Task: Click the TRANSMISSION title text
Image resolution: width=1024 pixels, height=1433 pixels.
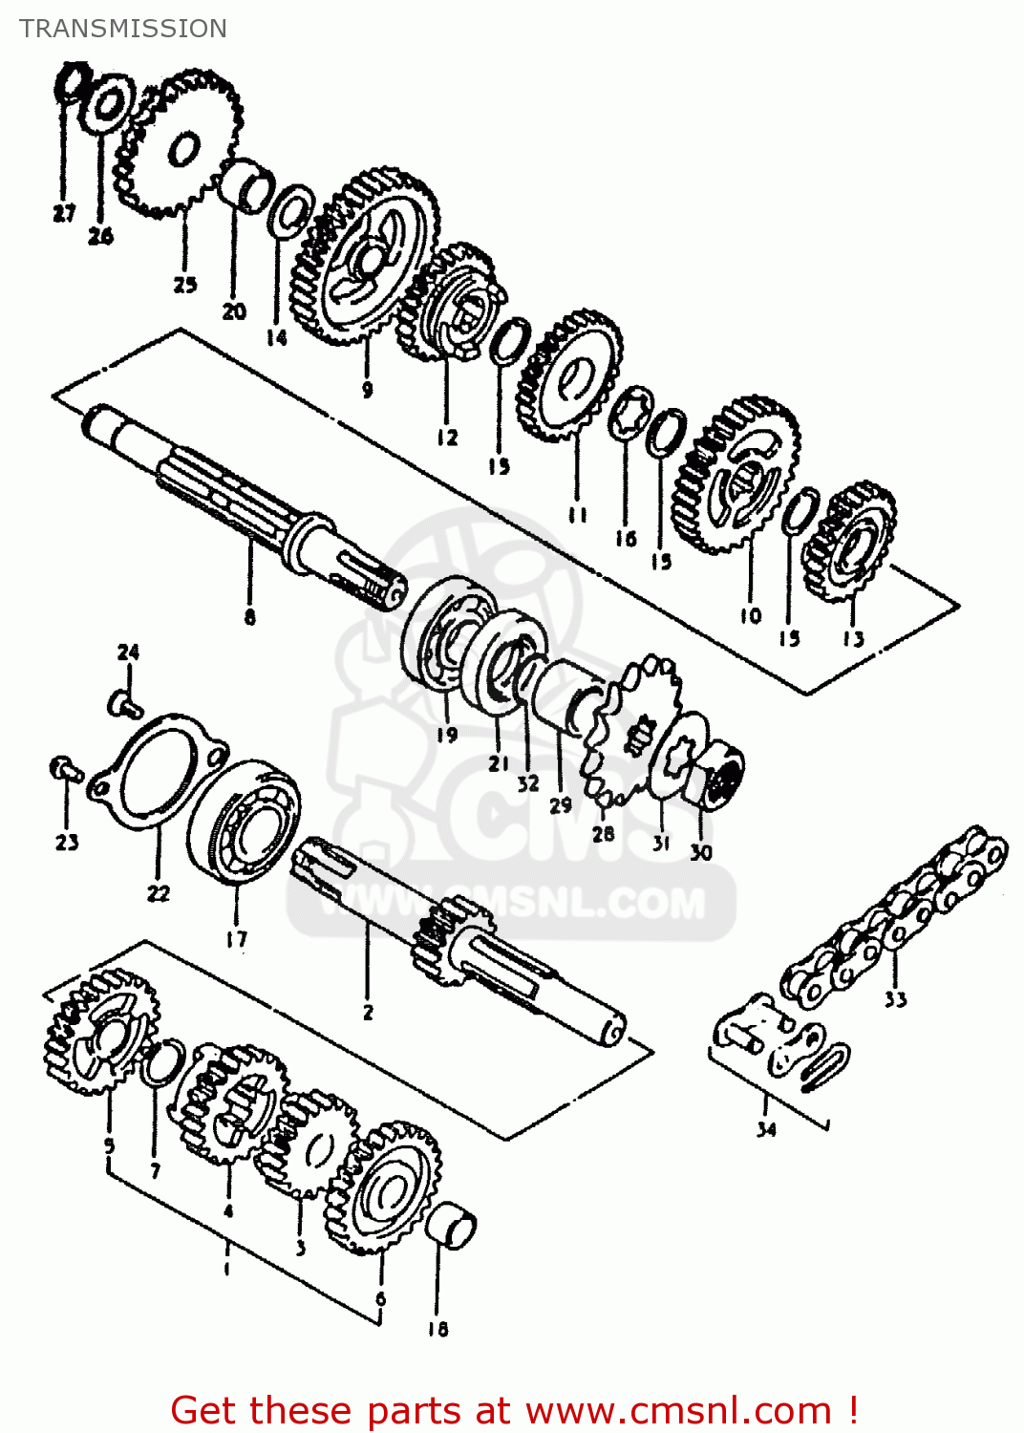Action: [123, 29]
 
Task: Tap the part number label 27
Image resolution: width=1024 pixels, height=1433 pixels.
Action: [63, 213]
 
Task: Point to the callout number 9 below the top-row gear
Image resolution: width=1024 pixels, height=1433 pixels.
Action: [367, 389]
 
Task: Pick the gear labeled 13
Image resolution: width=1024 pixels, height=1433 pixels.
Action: [850, 542]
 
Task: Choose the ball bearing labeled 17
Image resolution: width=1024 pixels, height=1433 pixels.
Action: [244, 823]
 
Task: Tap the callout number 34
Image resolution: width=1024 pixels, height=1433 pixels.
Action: [766, 1129]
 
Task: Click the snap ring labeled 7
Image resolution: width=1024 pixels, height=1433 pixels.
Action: [162, 1062]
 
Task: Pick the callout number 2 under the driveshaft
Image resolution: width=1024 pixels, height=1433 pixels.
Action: [368, 1012]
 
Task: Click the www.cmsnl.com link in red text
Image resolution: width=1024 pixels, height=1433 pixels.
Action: [678, 1410]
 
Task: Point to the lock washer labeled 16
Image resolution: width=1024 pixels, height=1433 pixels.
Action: [629, 414]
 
